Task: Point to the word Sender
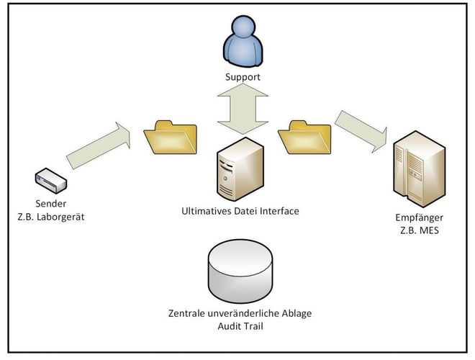tap(50, 204)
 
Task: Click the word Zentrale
tap(186, 315)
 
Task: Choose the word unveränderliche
tap(245, 315)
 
